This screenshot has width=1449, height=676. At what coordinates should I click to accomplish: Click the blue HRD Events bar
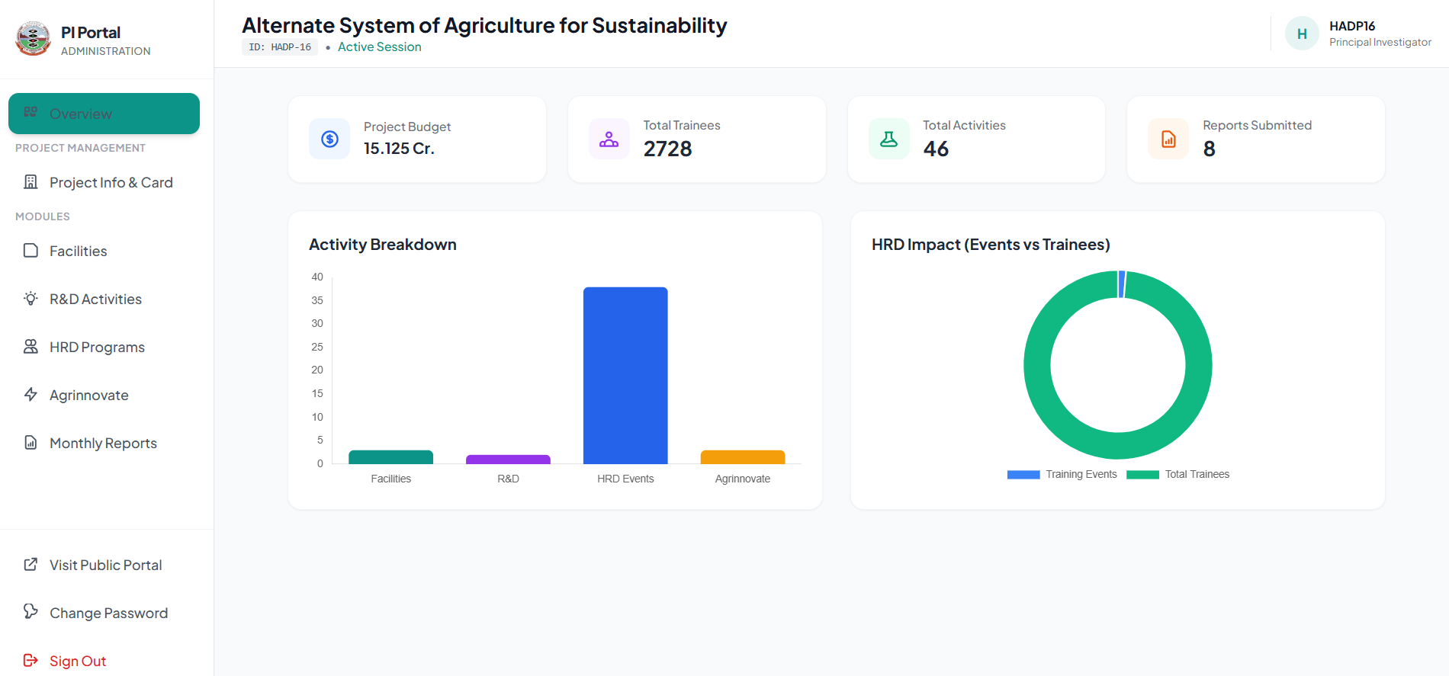(625, 375)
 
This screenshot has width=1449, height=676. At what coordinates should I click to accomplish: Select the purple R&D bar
(508, 460)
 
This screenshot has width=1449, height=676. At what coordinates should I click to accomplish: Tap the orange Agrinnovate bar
(742, 457)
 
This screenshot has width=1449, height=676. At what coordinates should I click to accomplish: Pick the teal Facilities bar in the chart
(390, 457)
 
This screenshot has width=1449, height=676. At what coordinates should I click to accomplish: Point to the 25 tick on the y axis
(317, 347)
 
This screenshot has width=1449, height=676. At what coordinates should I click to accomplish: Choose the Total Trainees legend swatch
(1142, 475)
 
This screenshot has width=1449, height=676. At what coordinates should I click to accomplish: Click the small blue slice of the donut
(1122, 284)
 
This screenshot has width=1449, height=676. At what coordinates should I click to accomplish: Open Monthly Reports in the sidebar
(103, 443)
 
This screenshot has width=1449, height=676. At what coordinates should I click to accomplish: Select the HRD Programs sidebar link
(97, 347)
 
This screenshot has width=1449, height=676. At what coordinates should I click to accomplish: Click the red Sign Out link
(77, 661)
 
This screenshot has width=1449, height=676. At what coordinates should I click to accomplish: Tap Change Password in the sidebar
(108, 613)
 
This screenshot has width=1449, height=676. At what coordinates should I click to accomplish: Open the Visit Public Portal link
(105, 565)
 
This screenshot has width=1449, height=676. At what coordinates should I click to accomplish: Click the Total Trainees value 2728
(667, 149)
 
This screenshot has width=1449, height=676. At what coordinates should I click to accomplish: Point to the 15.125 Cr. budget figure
(399, 149)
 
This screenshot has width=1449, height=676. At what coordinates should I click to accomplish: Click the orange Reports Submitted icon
(1168, 139)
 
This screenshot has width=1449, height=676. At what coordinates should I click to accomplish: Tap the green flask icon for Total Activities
(889, 139)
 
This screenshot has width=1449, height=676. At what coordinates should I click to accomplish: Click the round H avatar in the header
(1302, 34)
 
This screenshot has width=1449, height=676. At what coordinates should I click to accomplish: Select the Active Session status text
(379, 47)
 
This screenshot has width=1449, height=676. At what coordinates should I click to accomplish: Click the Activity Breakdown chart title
(383, 245)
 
